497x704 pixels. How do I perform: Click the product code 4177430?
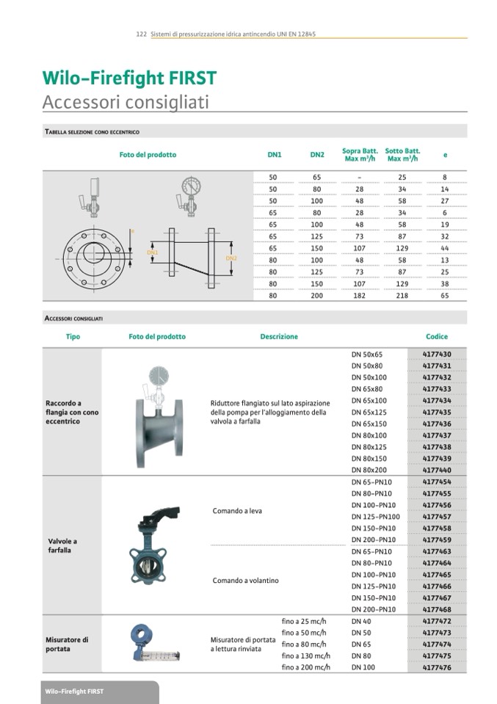(x=437, y=355)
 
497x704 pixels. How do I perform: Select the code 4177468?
(x=437, y=609)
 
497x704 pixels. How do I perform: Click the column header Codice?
(x=437, y=337)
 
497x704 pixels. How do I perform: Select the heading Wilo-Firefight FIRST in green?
(x=129, y=79)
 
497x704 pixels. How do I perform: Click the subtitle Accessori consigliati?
(x=126, y=101)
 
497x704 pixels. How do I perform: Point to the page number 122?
(x=142, y=35)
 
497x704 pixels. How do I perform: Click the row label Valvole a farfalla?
(x=62, y=545)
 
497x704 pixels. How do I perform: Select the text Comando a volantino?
(x=245, y=581)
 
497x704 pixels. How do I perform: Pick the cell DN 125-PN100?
(x=375, y=517)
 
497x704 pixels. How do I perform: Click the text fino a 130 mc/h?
(x=306, y=656)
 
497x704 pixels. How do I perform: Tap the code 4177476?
(x=437, y=667)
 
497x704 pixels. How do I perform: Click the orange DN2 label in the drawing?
(x=231, y=258)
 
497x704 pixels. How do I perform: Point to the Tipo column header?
(x=73, y=337)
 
